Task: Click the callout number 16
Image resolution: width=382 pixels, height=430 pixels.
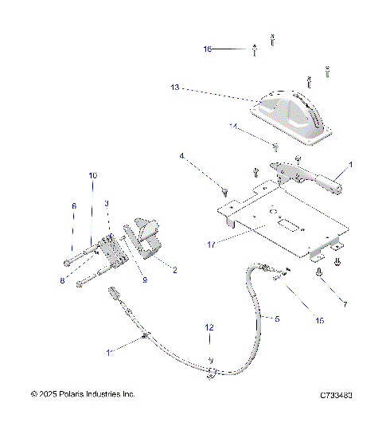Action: coord(208,49)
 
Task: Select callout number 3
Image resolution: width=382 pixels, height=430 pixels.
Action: coord(106,204)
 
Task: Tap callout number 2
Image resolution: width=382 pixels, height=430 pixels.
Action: coord(174,270)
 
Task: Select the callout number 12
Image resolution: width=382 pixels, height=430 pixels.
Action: coord(209,327)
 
